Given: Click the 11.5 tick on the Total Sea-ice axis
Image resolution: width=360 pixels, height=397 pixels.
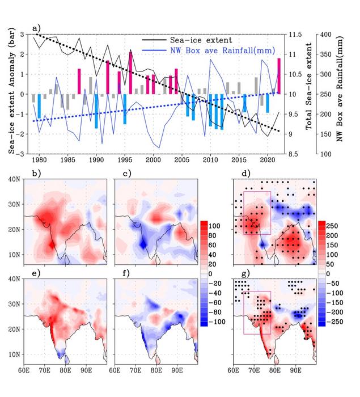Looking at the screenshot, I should (296, 35).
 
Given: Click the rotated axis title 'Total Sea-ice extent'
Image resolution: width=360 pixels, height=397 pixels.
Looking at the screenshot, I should (311, 94).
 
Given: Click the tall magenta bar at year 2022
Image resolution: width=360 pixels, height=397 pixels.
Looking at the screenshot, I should (279, 76).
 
